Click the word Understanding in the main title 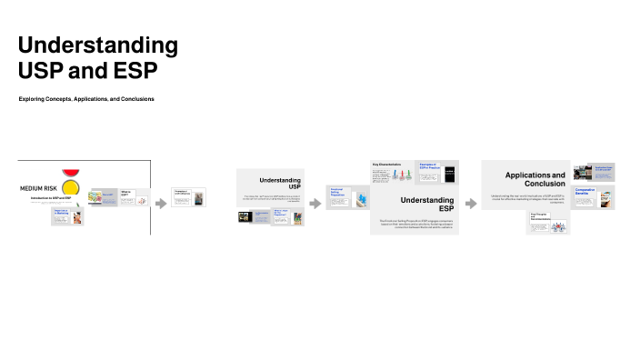98,45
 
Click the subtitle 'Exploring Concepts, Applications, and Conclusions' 86,98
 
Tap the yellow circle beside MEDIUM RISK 71,189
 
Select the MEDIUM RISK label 39,189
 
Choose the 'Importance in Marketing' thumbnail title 62,213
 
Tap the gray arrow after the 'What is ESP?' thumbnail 161,203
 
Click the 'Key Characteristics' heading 387,165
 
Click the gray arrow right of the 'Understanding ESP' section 470,203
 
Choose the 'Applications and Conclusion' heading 535,178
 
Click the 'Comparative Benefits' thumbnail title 585,191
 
